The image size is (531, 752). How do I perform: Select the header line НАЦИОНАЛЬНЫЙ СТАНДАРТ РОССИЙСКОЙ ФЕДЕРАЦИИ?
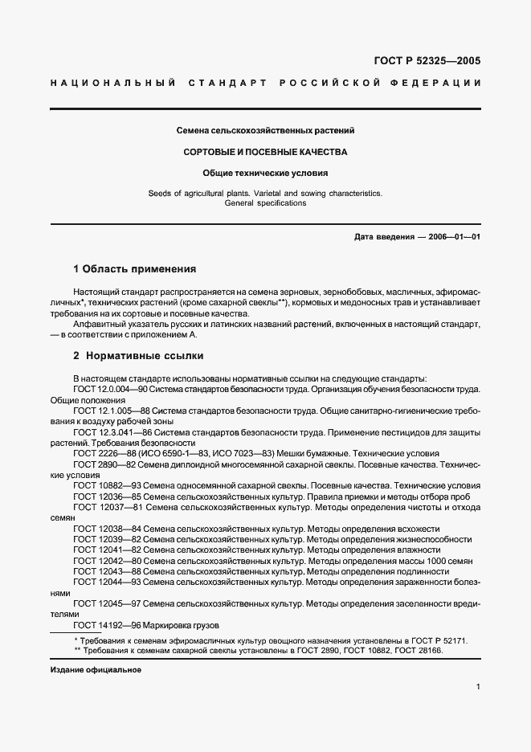pyautogui.click(x=265, y=83)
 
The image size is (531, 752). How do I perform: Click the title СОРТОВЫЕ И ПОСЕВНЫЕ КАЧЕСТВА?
pyautogui.click(x=265, y=151)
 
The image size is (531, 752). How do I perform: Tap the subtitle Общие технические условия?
pyautogui.click(x=265, y=172)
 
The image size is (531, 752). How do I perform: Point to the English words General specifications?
pyautogui.click(x=265, y=203)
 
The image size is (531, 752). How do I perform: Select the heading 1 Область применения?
pyautogui.click(x=134, y=269)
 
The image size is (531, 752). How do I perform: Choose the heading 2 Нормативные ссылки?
pyautogui.click(x=138, y=355)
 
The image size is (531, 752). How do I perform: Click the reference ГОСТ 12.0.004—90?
pyautogui.click(x=106, y=389)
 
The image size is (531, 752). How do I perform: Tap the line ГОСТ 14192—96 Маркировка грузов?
pyautogui.click(x=146, y=625)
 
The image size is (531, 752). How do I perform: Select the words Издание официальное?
pyautogui.click(x=96, y=669)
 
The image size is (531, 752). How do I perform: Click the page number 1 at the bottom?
pyautogui.click(x=478, y=687)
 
